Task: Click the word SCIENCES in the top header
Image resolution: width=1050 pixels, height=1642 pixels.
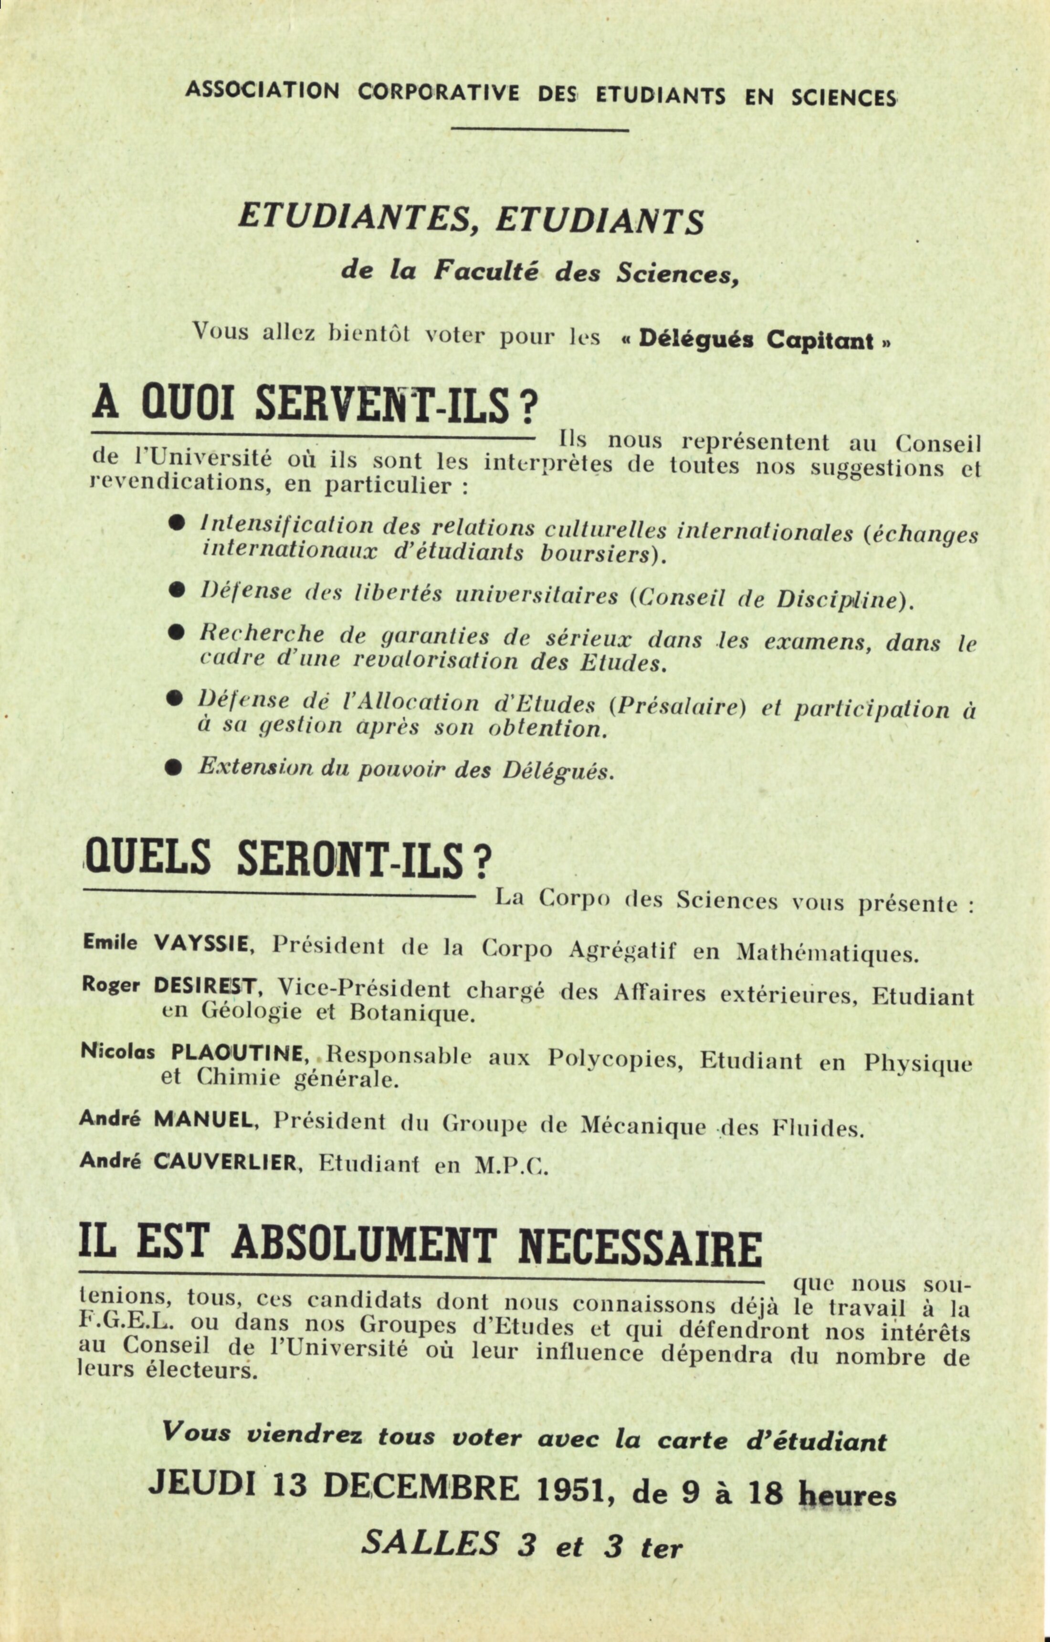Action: tap(843, 97)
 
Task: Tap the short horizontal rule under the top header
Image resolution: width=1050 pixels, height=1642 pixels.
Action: tap(539, 129)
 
